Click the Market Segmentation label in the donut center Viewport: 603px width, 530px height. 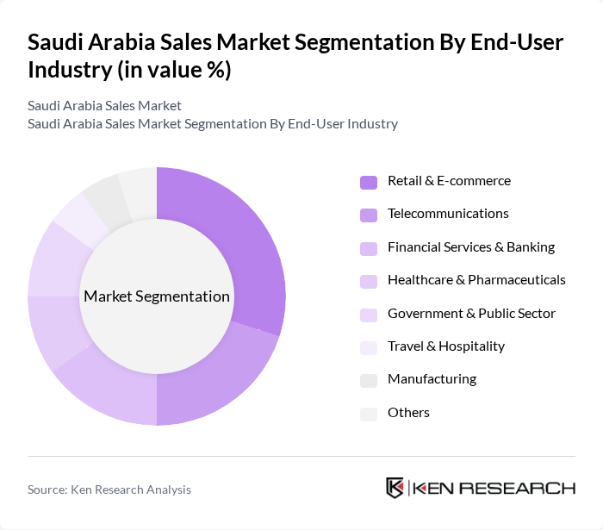157,296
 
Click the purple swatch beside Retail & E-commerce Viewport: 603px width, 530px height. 369,182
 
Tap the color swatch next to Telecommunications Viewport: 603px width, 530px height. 369,215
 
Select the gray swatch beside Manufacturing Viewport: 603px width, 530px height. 369,380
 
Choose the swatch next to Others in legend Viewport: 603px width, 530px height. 369,414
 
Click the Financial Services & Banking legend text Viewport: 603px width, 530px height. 470,247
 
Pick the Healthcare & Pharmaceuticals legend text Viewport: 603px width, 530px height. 476,280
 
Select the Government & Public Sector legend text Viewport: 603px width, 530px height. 471,314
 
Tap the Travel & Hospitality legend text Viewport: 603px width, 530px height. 446,346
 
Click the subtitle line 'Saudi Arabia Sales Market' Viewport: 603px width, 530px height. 104,106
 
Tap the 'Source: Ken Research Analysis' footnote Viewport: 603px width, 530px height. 109,489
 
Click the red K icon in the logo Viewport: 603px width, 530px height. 395,488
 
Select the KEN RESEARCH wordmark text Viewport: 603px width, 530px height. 494,488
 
